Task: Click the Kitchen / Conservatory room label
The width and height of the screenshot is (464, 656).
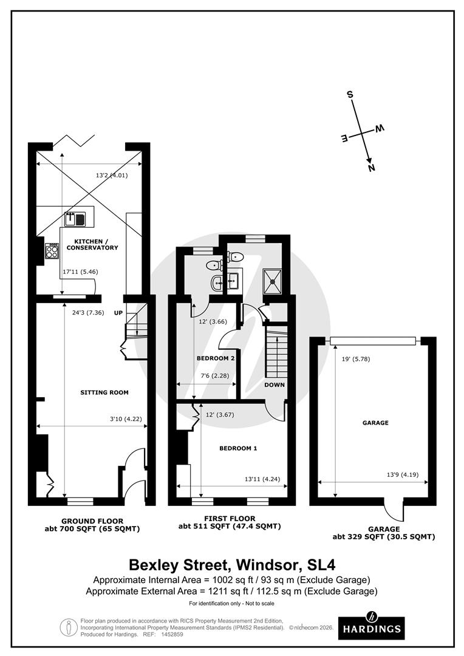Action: click(92, 244)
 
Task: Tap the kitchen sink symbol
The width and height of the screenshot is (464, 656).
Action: click(75, 219)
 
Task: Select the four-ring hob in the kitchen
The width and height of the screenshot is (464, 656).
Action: click(52, 251)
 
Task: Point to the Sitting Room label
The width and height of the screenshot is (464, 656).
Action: click(104, 392)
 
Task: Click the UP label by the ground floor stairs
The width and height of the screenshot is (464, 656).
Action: click(118, 313)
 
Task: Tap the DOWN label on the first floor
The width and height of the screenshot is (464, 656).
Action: click(275, 384)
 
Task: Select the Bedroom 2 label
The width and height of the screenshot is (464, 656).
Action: click(216, 358)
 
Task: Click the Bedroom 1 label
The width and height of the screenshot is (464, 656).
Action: click(238, 448)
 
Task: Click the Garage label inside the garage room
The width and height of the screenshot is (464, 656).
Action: click(375, 423)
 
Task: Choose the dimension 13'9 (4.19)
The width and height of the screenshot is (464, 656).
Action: click(402, 474)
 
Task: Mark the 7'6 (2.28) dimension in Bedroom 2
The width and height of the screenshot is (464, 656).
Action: click(215, 375)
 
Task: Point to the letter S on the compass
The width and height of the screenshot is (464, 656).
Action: click(350, 95)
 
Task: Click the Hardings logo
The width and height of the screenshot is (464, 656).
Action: click(371, 629)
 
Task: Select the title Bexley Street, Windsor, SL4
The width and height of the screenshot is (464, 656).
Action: click(232, 565)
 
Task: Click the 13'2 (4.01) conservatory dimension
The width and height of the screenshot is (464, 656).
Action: click(112, 176)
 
